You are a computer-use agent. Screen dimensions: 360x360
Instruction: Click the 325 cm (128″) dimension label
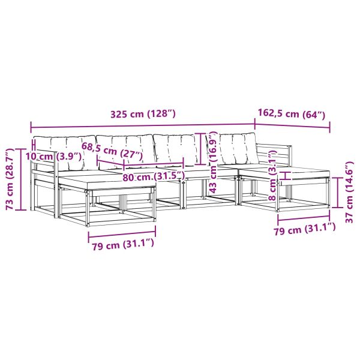[143, 114]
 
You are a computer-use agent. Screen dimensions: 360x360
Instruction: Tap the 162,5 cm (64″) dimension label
[292, 113]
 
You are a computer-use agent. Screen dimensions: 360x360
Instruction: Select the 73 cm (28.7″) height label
[10, 179]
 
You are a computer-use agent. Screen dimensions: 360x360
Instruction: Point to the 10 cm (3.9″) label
[53, 157]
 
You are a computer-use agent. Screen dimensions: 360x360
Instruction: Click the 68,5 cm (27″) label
[113, 151]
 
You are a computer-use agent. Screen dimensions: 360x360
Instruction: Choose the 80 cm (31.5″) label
[154, 176]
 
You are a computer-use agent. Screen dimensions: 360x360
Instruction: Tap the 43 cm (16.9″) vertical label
[213, 162]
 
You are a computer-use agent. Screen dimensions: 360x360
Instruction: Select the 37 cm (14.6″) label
[350, 193]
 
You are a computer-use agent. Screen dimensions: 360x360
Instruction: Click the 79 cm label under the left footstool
[122, 245]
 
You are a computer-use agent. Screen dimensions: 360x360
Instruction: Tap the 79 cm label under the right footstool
[305, 229]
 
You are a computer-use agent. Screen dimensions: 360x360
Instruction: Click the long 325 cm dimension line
[143, 126]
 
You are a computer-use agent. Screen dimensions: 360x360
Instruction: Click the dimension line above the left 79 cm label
[122, 233]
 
